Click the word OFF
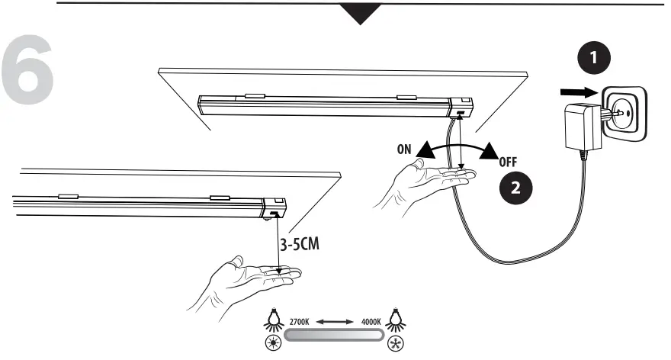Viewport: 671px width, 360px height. coord(509,162)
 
